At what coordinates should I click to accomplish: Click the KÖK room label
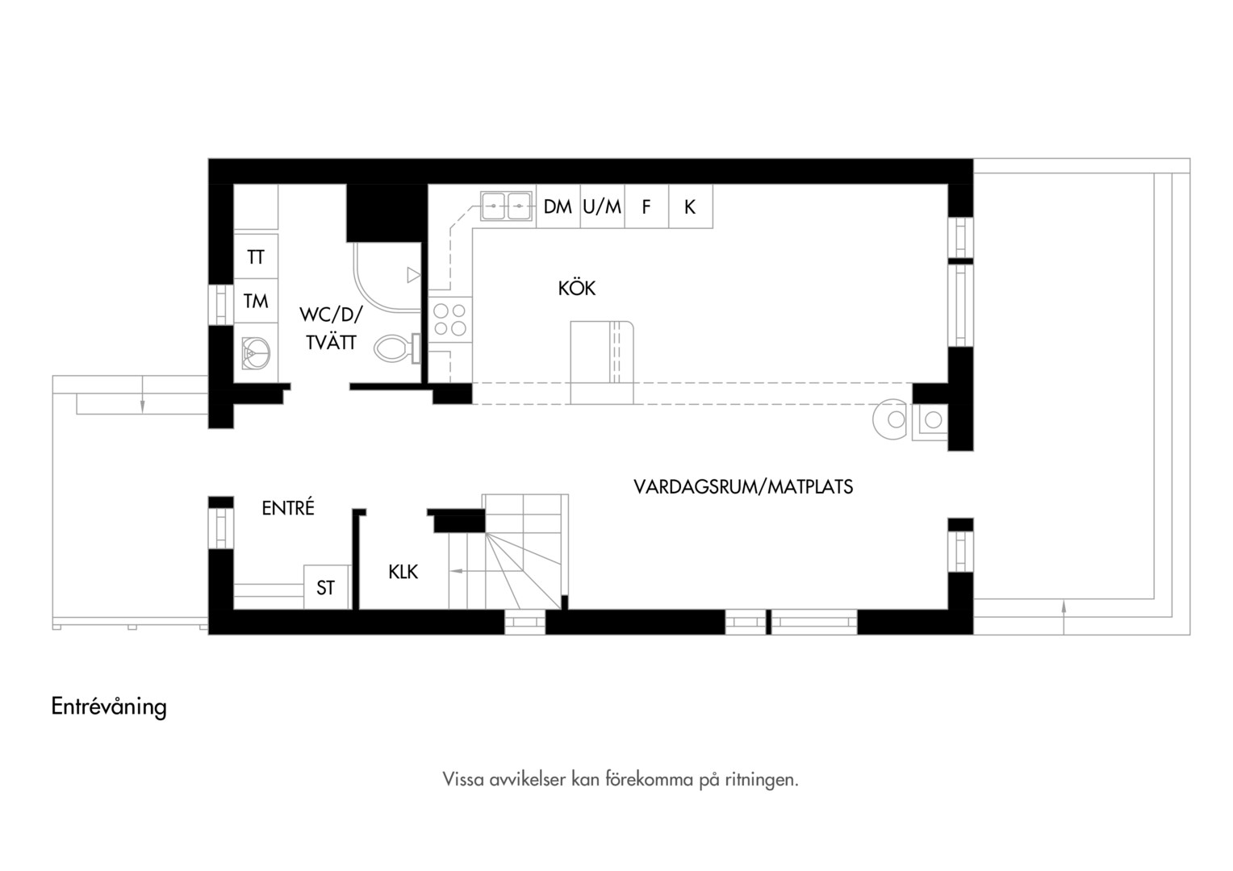[576, 288]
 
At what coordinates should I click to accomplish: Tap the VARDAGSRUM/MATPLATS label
[743, 487]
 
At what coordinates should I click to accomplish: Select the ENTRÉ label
[288, 507]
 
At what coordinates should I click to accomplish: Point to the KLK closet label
[403, 573]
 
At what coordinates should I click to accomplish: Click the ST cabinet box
[327, 587]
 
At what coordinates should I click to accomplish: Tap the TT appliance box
[256, 256]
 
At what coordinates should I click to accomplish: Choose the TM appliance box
[256, 301]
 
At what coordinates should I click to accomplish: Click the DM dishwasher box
[558, 206]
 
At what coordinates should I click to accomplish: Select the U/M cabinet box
[602, 206]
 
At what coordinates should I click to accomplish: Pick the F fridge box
[646, 206]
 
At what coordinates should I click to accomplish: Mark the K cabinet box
[690, 206]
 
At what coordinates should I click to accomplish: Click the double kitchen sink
[507, 206]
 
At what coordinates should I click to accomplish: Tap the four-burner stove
[450, 319]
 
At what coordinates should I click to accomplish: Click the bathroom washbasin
[256, 352]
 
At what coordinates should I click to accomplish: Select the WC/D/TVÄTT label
[332, 328]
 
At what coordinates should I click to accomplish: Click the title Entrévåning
[109, 706]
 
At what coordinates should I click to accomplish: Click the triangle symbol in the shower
[413, 274]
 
